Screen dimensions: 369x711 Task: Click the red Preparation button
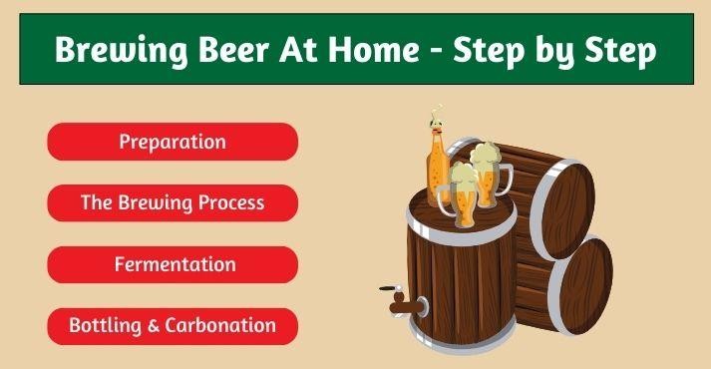pos(173,142)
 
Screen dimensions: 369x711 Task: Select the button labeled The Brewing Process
pos(173,202)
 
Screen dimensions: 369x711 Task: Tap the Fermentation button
pos(173,264)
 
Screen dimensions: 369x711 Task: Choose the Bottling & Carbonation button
pos(173,325)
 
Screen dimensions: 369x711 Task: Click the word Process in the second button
pos(228,202)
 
